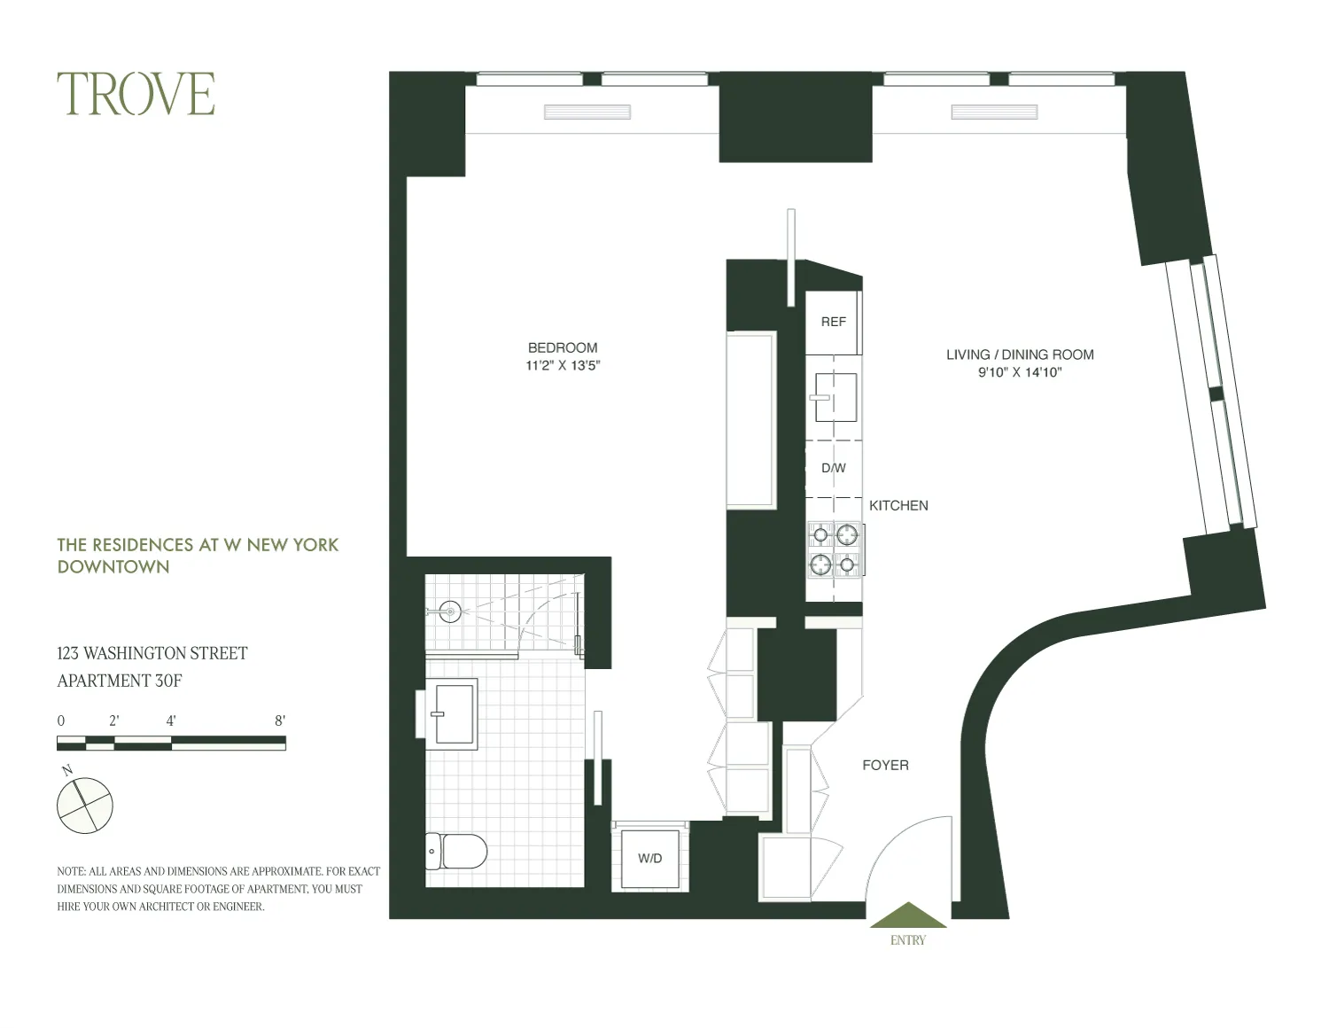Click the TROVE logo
pyautogui.click(x=136, y=94)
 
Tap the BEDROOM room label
pyautogui.click(x=563, y=347)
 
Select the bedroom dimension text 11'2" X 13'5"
pyautogui.click(x=563, y=365)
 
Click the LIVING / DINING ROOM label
pyautogui.click(x=1020, y=354)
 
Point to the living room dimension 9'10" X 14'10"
pyautogui.click(x=1020, y=372)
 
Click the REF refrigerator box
pyautogui.click(x=833, y=323)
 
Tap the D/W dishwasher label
pyautogui.click(x=833, y=468)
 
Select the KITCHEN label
pyautogui.click(x=898, y=505)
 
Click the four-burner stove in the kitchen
pyautogui.click(x=835, y=549)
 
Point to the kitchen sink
pyautogui.click(x=835, y=397)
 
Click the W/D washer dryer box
pyautogui.click(x=649, y=858)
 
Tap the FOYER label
pyautogui.click(x=885, y=765)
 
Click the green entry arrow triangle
pyautogui.click(x=908, y=916)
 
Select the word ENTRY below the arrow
pyautogui.click(x=908, y=940)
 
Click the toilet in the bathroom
pyautogui.click(x=455, y=852)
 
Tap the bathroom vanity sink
pyautogui.click(x=453, y=712)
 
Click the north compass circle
pyautogui.click(x=85, y=806)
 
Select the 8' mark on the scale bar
pyautogui.click(x=280, y=720)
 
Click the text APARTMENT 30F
pyautogui.click(x=120, y=681)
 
